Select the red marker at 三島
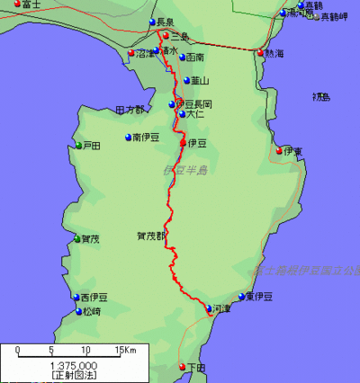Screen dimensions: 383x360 coord(165,36)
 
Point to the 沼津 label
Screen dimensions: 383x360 coord(144,54)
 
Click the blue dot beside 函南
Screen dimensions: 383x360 coord(183,58)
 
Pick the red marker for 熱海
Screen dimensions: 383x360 coord(261,52)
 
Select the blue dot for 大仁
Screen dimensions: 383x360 coord(182,114)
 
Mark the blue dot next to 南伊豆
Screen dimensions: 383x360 coord(127,138)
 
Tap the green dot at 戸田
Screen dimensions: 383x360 coord(78,146)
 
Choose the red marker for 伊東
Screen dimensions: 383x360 coord(280,150)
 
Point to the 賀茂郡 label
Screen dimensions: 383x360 coord(151,236)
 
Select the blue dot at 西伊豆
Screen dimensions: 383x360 coord(76,298)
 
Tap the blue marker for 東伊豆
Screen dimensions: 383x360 coord(240,296)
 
